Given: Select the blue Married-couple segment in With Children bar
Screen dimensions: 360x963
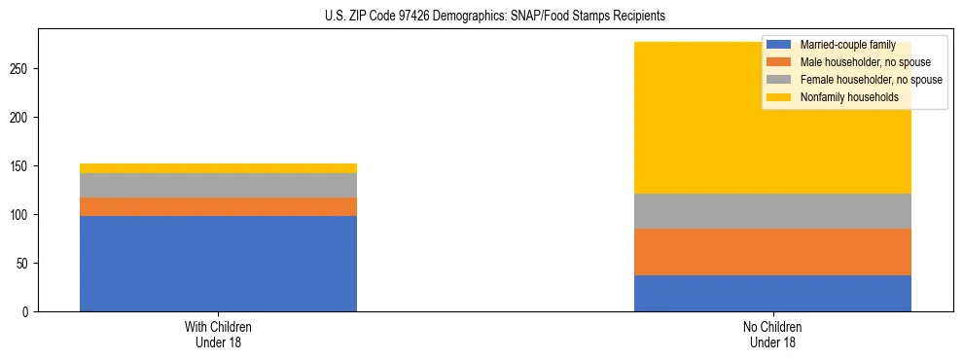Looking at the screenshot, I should [x=218, y=263].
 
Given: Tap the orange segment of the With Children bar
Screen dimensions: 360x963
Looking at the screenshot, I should [x=218, y=206].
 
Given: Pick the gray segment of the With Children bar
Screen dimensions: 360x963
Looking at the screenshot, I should [x=218, y=185].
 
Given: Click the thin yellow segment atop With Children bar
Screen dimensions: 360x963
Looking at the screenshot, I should [x=218, y=168].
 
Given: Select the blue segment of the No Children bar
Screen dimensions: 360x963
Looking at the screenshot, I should [x=772, y=293].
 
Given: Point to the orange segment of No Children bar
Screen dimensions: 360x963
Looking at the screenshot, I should [x=772, y=252].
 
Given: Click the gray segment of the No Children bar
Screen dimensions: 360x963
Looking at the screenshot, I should [x=772, y=211].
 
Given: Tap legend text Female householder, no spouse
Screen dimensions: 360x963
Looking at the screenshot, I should [x=871, y=80].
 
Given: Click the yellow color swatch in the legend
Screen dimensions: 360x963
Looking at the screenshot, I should [x=779, y=97].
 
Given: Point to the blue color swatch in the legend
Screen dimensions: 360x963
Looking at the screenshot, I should [x=779, y=45].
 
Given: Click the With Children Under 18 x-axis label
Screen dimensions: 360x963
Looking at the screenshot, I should [x=218, y=334].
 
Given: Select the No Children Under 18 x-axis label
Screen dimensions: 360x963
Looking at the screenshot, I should [x=772, y=334].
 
